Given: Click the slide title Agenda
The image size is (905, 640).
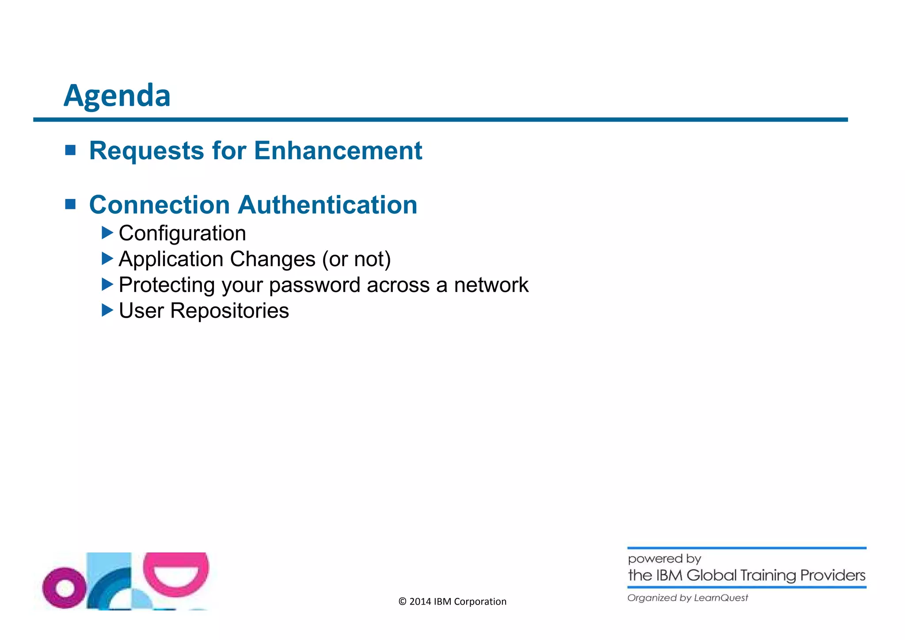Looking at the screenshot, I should click(x=117, y=96).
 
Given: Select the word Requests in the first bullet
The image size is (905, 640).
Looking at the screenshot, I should click(x=146, y=151).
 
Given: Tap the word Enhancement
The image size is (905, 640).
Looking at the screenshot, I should click(x=338, y=151).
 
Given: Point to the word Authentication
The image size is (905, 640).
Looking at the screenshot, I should click(x=327, y=205).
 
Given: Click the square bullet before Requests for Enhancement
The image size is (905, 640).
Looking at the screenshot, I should click(x=70, y=150).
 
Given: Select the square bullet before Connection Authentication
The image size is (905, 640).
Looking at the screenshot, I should click(x=70, y=204).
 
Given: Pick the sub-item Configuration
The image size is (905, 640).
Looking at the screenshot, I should click(x=182, y=234).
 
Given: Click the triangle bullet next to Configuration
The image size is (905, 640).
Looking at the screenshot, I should click(x=107, y=233).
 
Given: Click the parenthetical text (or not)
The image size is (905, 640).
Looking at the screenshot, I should click(x=356, y=259).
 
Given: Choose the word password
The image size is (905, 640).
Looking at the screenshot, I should click(x=315, y=285).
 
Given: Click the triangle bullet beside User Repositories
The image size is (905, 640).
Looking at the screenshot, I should click(x=107, y=310).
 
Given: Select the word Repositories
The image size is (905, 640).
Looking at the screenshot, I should click(x=229, y=311).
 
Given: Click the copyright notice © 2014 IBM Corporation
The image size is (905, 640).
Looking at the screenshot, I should click(x=452, y=602).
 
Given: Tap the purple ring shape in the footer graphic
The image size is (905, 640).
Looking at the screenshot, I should click(x=65, y=588).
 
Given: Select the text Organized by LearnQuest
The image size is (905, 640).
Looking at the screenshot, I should click(x=688, y=598).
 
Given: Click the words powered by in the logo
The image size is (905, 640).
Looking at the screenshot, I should click(x=664, y=559).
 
